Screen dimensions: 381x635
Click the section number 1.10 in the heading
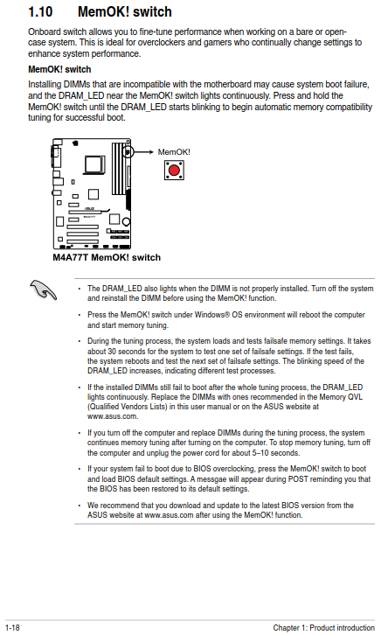point(40,11)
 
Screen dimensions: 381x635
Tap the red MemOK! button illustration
point(174,170)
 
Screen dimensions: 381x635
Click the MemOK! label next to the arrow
point(174,152)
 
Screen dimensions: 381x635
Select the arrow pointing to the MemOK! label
point(142,152)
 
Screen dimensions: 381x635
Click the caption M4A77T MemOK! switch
point(107,257)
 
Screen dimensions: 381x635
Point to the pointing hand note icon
point(43,290)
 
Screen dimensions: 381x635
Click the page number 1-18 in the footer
point(12,628)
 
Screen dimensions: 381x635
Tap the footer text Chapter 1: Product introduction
point(323,628)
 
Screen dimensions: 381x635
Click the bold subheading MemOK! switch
point(59,69)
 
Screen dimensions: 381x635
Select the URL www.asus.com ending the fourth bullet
point(113,416)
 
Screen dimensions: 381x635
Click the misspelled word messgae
point(213,479)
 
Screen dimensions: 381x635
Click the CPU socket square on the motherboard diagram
point(94,165)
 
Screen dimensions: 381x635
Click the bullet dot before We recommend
point(80,506)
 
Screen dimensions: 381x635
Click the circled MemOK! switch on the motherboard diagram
point(128,152)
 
